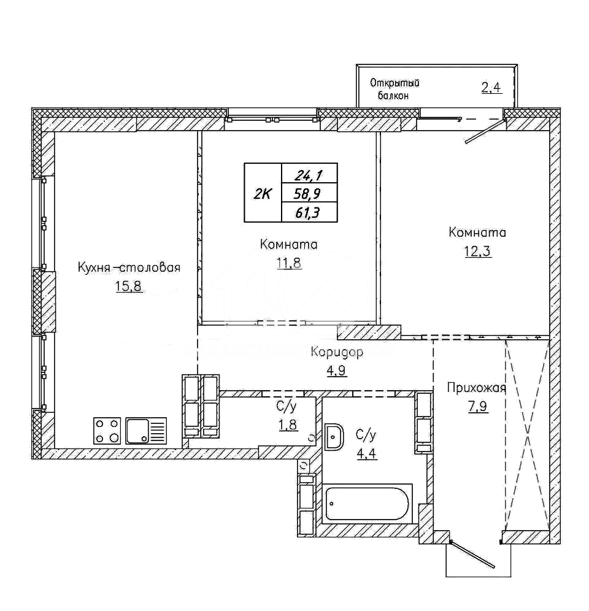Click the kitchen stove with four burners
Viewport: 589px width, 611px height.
[107, 431]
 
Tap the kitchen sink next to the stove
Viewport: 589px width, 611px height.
[146, 431]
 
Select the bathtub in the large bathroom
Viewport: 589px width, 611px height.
[367, 504]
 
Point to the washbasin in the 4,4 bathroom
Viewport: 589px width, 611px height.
[334, 436]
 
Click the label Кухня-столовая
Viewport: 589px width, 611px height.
[129, 267]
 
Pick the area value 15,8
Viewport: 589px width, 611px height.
[129, 286]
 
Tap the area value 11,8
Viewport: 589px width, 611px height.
[289, 263]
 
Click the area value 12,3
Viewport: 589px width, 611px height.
[477, 252]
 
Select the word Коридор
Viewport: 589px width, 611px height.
[337, 352]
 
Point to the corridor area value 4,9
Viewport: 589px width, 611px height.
[337, 370]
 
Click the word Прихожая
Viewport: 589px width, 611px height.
[476, 388]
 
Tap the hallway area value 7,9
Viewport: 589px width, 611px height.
[477, 407]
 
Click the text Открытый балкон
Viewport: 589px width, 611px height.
[395, 89]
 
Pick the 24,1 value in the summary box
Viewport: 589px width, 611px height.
[308, 175]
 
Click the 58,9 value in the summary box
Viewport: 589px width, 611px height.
[309, 193]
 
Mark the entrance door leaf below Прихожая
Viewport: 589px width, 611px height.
[472, 554]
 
